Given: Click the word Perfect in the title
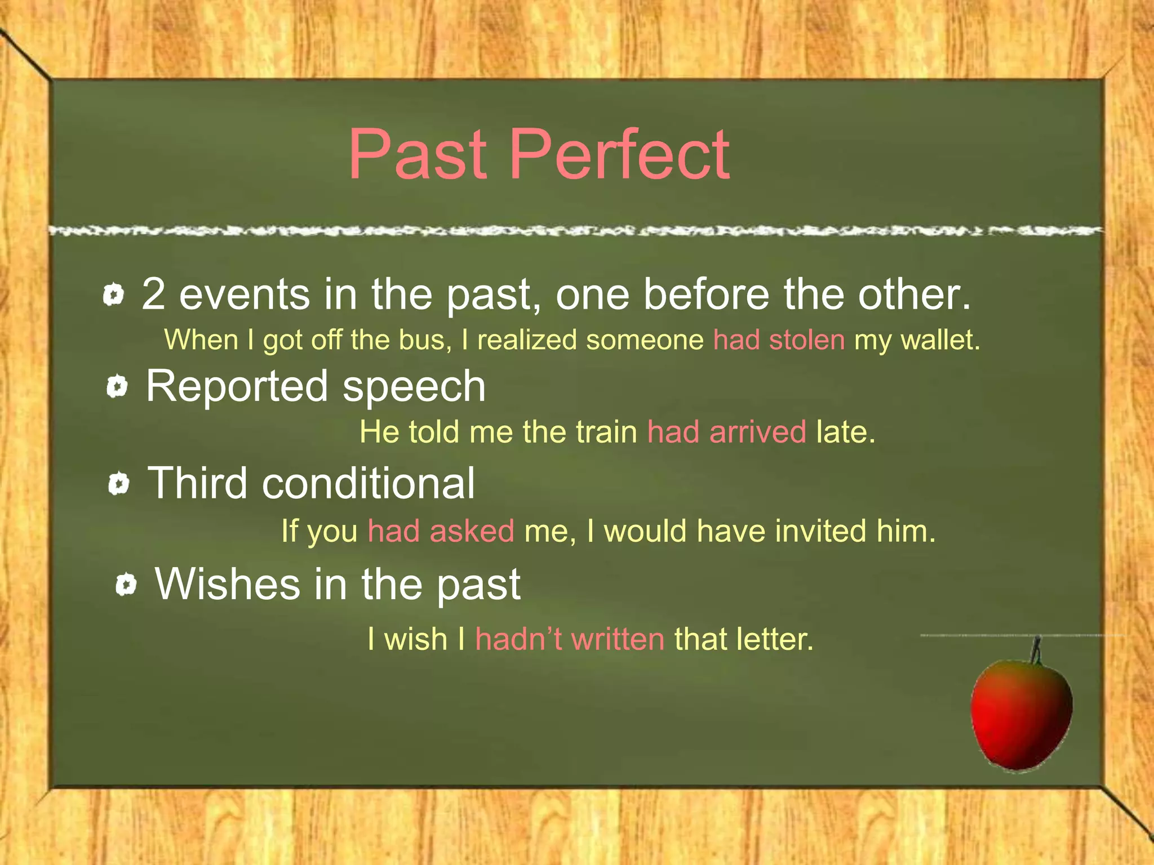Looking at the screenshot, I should pyautogui.click(x=620, y=155).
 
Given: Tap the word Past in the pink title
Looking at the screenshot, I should pyautogui.click(x=418, y=155).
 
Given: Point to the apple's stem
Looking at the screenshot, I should pyautogui.click(x=1036, y=650).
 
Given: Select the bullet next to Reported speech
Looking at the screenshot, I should pyautogui.click(x=117, y=387).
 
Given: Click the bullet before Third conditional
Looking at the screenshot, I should pyautogui.click(x=118, y=484).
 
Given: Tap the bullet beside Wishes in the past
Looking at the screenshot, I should pyautogui.click(x=126, y=585).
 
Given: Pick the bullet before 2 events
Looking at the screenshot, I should pyautogui.click(x=113, y=295).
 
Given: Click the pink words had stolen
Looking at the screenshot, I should pyautogui.click(x=779, y=341).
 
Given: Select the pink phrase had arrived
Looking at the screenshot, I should pyautogui.click(x=726, y=432).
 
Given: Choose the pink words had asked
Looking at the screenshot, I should pyautogui.click(x=441, y=532).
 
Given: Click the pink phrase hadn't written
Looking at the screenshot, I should pyautogui.click(x=570, y=640).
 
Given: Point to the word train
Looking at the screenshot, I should pyautogui.click(x=606, y=432).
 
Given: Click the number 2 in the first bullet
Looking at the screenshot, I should pyautogui.click(x=153, y=295).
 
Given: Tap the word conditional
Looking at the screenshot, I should pyautogui.click(x=369, y=484).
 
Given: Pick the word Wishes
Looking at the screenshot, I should pyautogui.click(x=228, y=585).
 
